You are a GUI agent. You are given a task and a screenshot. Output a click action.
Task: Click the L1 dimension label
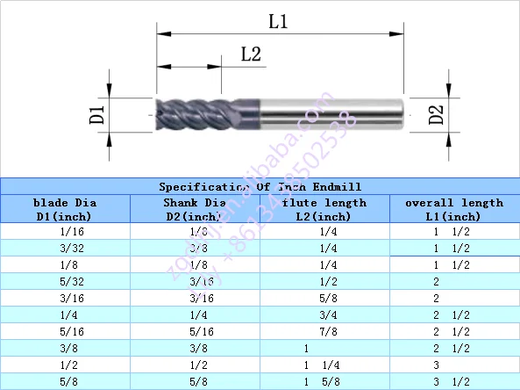pos(278,22)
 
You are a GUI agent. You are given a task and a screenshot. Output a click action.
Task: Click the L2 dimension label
pos(252,54)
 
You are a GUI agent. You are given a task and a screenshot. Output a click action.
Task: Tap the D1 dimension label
pos(98,114)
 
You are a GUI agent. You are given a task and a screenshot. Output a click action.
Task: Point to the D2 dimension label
pos(437,114)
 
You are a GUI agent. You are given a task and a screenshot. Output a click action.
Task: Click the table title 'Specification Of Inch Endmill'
pos(260,187)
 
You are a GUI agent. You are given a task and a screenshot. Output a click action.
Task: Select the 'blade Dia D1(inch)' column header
pos(65,209)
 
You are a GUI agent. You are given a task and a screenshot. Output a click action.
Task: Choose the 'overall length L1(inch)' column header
pos(453,209)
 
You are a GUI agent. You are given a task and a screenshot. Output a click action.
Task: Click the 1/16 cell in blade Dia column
pos(65,232)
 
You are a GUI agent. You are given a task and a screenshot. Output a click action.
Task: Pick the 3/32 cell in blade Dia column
pos(65,249)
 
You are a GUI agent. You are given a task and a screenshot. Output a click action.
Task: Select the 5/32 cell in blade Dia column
pos(65,282)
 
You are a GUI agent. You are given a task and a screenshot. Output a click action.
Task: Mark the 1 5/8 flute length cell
pos(323,381)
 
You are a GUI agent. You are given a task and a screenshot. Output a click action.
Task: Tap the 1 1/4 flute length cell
pos(323,365)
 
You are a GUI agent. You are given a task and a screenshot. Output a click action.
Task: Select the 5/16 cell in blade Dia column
pos(65,331)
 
